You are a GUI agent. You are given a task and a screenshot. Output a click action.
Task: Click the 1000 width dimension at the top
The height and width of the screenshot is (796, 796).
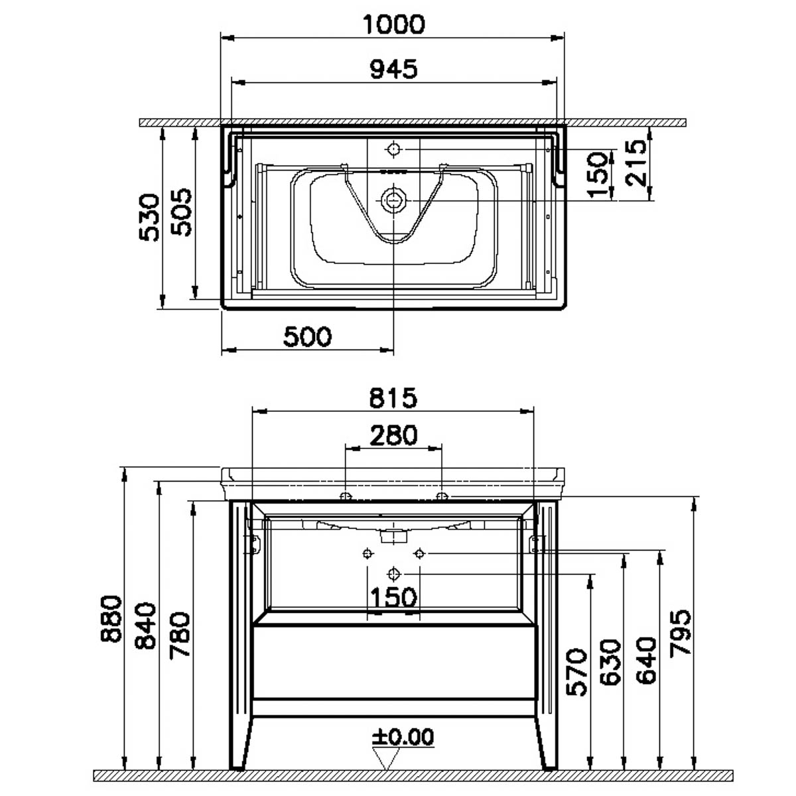(393, 25)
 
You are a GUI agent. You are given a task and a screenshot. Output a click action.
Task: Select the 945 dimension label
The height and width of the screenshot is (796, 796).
(393, 69)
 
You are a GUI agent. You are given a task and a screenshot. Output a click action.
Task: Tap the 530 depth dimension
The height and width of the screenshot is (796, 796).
(149, 218)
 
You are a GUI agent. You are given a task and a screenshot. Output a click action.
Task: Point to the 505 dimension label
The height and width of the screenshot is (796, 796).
(182, 212)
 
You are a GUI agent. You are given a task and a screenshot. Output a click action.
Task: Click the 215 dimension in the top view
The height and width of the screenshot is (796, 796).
(635, 163)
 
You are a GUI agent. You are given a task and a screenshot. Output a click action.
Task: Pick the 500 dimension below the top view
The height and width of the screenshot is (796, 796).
(307, 337)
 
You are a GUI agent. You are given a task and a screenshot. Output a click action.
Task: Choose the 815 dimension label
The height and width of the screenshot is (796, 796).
(393, 398)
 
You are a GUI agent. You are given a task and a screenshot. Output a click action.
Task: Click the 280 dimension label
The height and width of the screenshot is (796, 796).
(393, 436)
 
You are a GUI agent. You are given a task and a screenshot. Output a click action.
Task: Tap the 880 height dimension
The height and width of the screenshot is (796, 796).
(111, 619)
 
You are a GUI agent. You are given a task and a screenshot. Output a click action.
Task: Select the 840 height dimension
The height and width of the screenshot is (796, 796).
(146, 626)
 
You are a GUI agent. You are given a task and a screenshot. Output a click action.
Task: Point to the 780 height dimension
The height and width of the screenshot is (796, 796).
(180, 635)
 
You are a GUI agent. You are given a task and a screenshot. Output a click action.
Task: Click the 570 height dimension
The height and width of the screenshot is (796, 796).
(576, 672)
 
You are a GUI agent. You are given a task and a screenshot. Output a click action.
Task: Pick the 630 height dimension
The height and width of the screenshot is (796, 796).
(610, 663)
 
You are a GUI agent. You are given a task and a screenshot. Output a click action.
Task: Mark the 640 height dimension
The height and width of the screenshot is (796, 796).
(645, 661)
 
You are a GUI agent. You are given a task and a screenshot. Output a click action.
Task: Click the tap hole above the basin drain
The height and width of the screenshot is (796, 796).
(393, 149)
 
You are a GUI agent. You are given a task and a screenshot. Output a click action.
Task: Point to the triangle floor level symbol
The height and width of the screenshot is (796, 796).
(386, 758)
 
